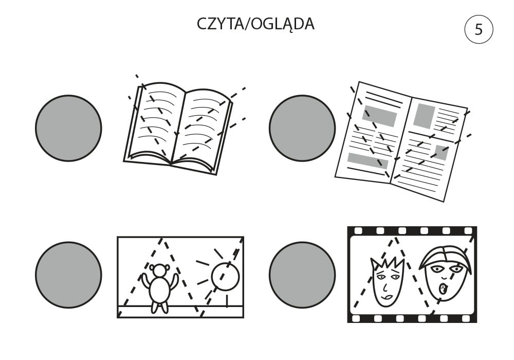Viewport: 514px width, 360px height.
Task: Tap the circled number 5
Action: click(x=479, y=29)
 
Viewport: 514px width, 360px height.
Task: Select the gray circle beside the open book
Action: click(x=68, y=128)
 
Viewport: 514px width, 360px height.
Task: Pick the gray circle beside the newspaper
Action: click(x=302, y=128)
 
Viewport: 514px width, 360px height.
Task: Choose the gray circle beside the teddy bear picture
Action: click(x=68, y=275)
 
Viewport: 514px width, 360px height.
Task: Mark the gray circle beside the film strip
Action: click(x=302, y=275)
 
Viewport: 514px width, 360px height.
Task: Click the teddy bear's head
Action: click(x=160, y=271)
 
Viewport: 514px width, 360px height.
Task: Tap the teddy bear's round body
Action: click(x=160, y=290)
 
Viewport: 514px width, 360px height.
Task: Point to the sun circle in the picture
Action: click(x=226, y=276)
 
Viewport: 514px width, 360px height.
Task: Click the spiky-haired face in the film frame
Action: click(x=387, y=282)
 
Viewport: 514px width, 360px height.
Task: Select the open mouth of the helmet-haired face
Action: click(x=443, y=289)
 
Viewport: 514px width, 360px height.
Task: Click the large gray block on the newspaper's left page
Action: click(x=379, y=116)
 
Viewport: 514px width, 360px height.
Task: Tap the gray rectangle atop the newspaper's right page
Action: click(x=424, y=116)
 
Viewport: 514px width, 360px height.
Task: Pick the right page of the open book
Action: click(x=201, y=130)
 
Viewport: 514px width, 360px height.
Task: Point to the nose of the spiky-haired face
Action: click(x=385, y=287)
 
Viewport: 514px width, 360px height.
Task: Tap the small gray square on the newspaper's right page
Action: click(x=441, y=152)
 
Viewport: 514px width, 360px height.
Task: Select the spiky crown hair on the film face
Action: click(x=388, y=264)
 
